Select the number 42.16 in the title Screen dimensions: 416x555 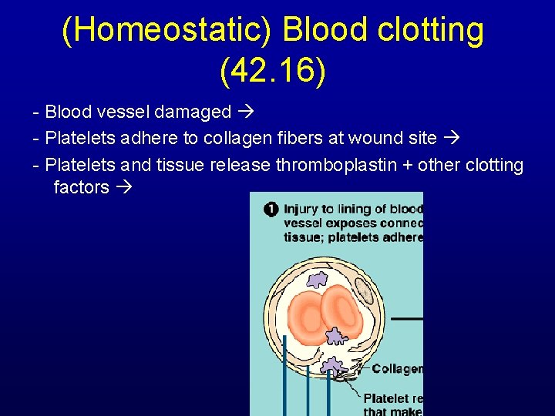tap(273, 71)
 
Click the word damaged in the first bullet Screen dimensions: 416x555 tap(193, 112)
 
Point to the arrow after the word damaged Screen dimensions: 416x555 tap(246, 112)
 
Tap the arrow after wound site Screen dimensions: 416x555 tap(451, 139)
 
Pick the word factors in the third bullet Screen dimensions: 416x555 tap(81, 187)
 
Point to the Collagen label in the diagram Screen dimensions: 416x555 tap(398, 369)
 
